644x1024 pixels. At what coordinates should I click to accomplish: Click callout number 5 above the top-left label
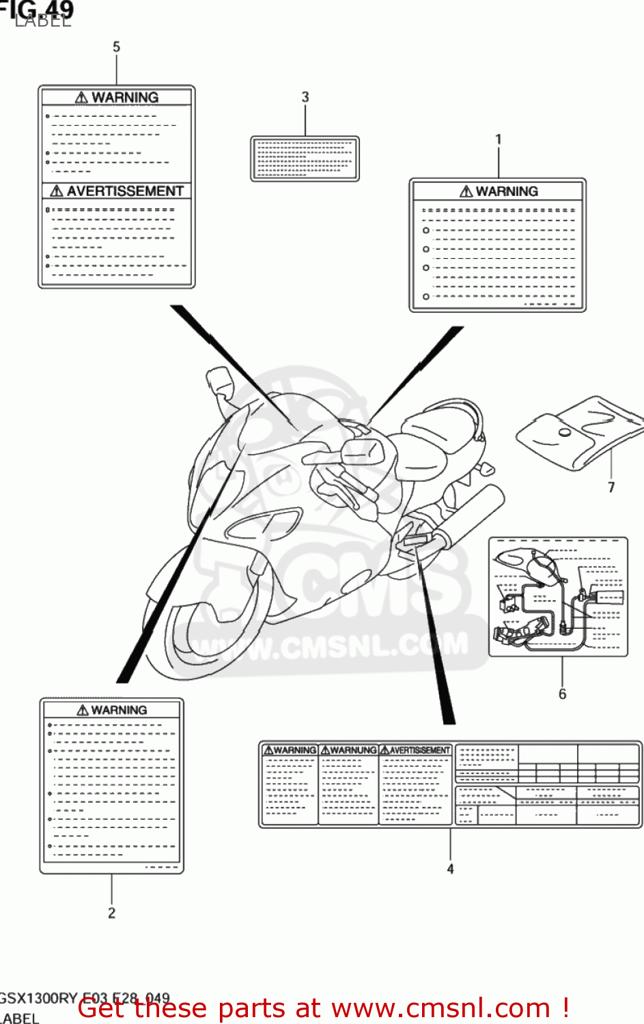pos(116,47)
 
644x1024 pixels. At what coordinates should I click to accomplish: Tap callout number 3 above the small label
pos(305,98)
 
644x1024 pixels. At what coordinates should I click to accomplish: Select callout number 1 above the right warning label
pos(499,140)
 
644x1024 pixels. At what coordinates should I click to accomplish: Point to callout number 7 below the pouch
pos(611,487)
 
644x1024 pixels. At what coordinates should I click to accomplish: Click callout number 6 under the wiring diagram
pos(562,694)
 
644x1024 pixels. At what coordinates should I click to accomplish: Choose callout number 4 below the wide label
pos(450,869)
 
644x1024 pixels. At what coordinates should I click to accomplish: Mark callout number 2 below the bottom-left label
pos(111,913)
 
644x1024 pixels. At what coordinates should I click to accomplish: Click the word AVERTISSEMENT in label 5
pos(125,191)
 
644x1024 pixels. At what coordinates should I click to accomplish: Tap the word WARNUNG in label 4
pos(353,750)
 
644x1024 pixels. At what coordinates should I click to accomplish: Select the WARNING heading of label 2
pos(119,710)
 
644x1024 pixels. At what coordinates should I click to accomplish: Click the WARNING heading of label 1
pos(507,192)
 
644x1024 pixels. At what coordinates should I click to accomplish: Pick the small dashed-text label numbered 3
pos(305,159)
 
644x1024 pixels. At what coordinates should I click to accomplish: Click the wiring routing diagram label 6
pos(558,597)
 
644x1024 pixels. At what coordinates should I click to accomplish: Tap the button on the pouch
pos(565,433)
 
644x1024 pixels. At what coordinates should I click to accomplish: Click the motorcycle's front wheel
pos(205,638)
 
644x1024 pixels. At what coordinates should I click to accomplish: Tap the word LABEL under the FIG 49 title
pos(42,21)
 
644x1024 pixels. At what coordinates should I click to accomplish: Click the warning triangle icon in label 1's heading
pos(466,192)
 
